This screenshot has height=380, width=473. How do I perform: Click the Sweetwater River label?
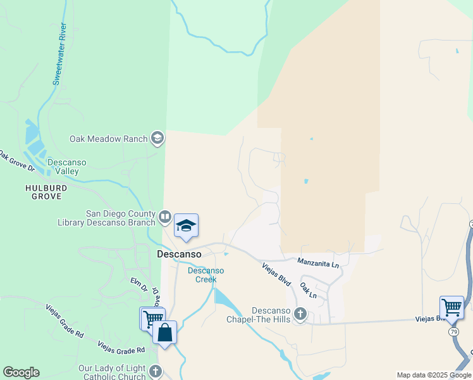pos(59,54)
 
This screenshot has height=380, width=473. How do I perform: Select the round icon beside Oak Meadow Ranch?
pos(157,139)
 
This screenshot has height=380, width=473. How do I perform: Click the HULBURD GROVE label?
pos(44,192)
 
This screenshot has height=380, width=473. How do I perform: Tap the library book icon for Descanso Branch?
pos(165,218)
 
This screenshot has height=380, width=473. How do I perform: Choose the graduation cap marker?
pos(186,226)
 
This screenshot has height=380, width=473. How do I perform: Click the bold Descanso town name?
pos(179,254)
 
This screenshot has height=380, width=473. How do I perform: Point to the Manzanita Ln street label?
pos(319,260)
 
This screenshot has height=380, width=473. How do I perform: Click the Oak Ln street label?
pos(309,290)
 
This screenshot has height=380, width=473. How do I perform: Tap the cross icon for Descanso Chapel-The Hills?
pos(300,313)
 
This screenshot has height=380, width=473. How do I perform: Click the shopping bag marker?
pos(164,332)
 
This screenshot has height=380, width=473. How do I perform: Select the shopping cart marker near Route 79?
pos(451,308)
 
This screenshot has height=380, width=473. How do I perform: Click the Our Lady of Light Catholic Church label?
pos(112,372)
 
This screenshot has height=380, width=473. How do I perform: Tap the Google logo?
pos(21,372)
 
